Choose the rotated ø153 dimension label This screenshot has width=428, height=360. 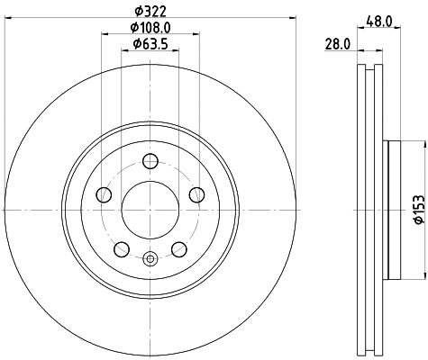coord(417,208)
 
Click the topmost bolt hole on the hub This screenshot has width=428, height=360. coord(150,162)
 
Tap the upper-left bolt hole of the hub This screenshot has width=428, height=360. coord(104,195)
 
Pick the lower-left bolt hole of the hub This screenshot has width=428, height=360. coord(122,249)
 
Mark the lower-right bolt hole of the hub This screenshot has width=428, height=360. coord(179,249)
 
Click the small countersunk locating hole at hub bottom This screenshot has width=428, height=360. coord(150,259)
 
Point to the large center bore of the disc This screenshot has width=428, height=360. coord(150,210)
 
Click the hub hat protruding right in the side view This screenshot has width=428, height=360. coord(389,209)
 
